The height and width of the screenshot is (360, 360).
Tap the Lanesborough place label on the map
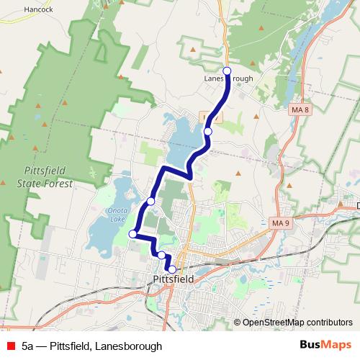tap(228, 79)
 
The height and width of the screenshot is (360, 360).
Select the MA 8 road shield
tap(300, 109)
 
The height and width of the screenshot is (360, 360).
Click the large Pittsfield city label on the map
tap(176, 279)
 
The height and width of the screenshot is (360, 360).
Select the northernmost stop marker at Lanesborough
tap(228, 70)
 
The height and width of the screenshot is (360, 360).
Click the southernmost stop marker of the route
tap(171, 269)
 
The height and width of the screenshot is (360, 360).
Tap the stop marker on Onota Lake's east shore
tap(132, 234)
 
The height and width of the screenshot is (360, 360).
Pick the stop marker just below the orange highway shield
tap(208, 131)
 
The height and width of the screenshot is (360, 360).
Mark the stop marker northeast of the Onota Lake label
tap(150, 201)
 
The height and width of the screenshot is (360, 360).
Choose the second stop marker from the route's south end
tap(161, 255)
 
